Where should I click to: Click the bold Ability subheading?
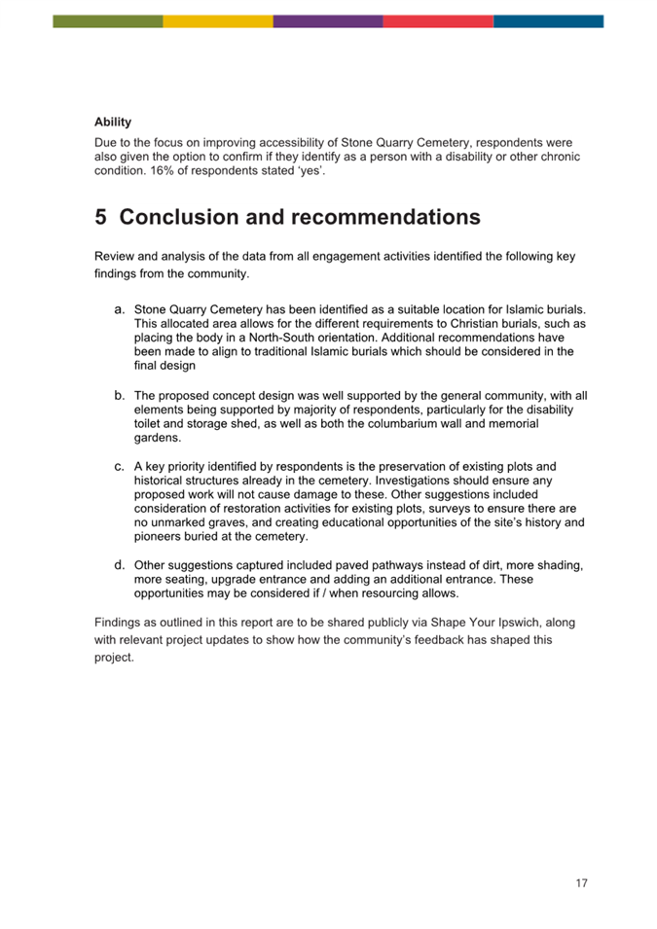(113, 123)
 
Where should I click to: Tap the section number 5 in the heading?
(101, 218)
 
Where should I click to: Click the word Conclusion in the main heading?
(181, 218)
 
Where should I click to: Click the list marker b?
(120, 396)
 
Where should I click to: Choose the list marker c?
(120, 466)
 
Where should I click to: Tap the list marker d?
(120, 565)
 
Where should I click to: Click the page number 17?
(581, 883)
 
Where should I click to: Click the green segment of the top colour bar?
(108, 21)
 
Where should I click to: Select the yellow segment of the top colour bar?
(218, 21)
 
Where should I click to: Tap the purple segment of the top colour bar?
(328, 21)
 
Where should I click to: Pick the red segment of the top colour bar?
(438, 21)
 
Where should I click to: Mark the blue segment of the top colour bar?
(548, 21)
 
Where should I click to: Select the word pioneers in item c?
(157, 537)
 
